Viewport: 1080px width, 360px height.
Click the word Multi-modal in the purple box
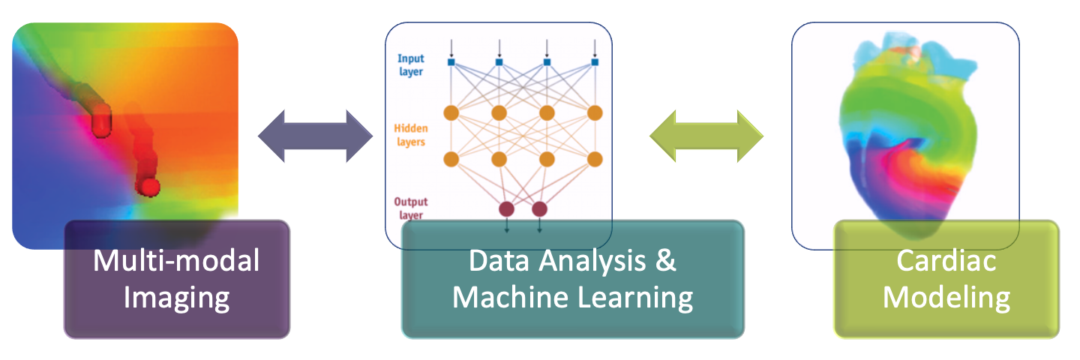[176, 262]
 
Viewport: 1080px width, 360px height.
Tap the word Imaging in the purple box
[176, 298]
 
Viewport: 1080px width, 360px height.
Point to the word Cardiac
[946, 262]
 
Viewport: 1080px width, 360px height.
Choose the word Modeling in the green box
[946, 298]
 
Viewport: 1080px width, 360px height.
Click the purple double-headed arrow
[315, 136]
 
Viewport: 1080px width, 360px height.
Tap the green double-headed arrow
[706, 136]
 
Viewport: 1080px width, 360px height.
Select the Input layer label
[410, 65]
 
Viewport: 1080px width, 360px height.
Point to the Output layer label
[411, 208]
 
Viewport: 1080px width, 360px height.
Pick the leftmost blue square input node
[451, 61]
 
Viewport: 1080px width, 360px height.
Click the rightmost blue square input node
[595, 61]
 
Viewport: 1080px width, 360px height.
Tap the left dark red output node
[506, 208]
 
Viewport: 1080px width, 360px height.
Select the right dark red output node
[539, 208]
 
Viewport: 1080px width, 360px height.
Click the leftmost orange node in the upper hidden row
[451, 113]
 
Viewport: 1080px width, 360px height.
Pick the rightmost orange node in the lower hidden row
[595, 159]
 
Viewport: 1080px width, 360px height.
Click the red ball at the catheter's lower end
[151, 186]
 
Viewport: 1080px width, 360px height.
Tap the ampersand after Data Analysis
[666, 262]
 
